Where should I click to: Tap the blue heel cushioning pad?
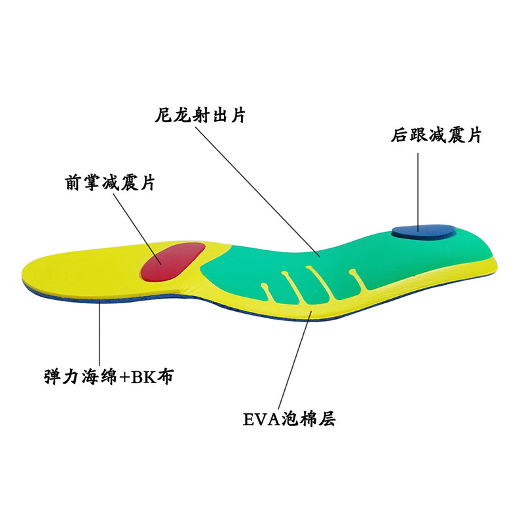(x=424, y=230)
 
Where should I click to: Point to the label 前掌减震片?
(x=109, y=181)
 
